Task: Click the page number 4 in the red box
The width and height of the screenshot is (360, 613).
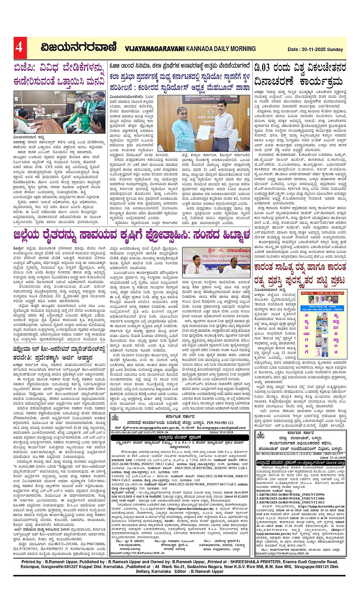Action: pyautogui.click(x=19, y=47)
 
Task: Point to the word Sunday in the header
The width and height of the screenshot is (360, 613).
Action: pyautogui.click(x=336, y=49)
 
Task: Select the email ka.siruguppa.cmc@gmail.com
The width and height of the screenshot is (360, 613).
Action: pyautogui.click(x=221, y=428)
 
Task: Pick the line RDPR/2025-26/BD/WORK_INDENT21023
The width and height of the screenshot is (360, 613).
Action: pyautogui.click(x=290, y=502)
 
